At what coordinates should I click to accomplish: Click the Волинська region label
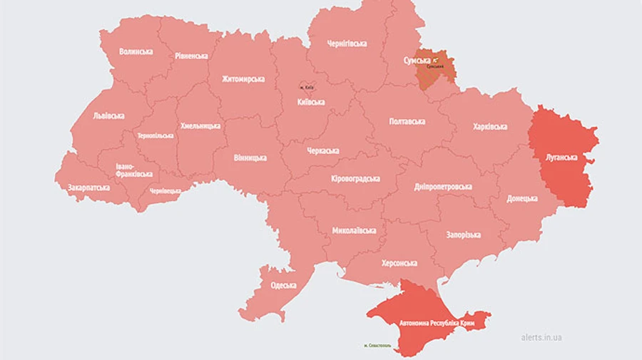tap(136, 52)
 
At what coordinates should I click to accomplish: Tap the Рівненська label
tap(191, 56)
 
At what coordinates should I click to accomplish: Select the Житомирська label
tap(243, 79)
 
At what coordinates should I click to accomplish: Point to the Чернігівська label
tap(347, 43)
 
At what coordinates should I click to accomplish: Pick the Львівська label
tap(108, 115)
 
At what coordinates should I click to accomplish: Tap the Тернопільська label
tap(155, 135)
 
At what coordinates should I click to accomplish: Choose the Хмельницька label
tap(200, 125)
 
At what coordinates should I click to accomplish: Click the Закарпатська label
tap(88, 188)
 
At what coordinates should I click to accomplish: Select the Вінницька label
tap(250, 158)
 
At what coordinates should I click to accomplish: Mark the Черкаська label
tap(319, 151)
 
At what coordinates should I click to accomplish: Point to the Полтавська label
tap(407, 121)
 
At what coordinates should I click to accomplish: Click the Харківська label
tap(490, 127)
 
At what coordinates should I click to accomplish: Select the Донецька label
tap(522, 198)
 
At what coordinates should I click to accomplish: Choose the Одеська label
tap(283, 286)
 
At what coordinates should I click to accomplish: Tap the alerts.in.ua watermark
tap(540, 337)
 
